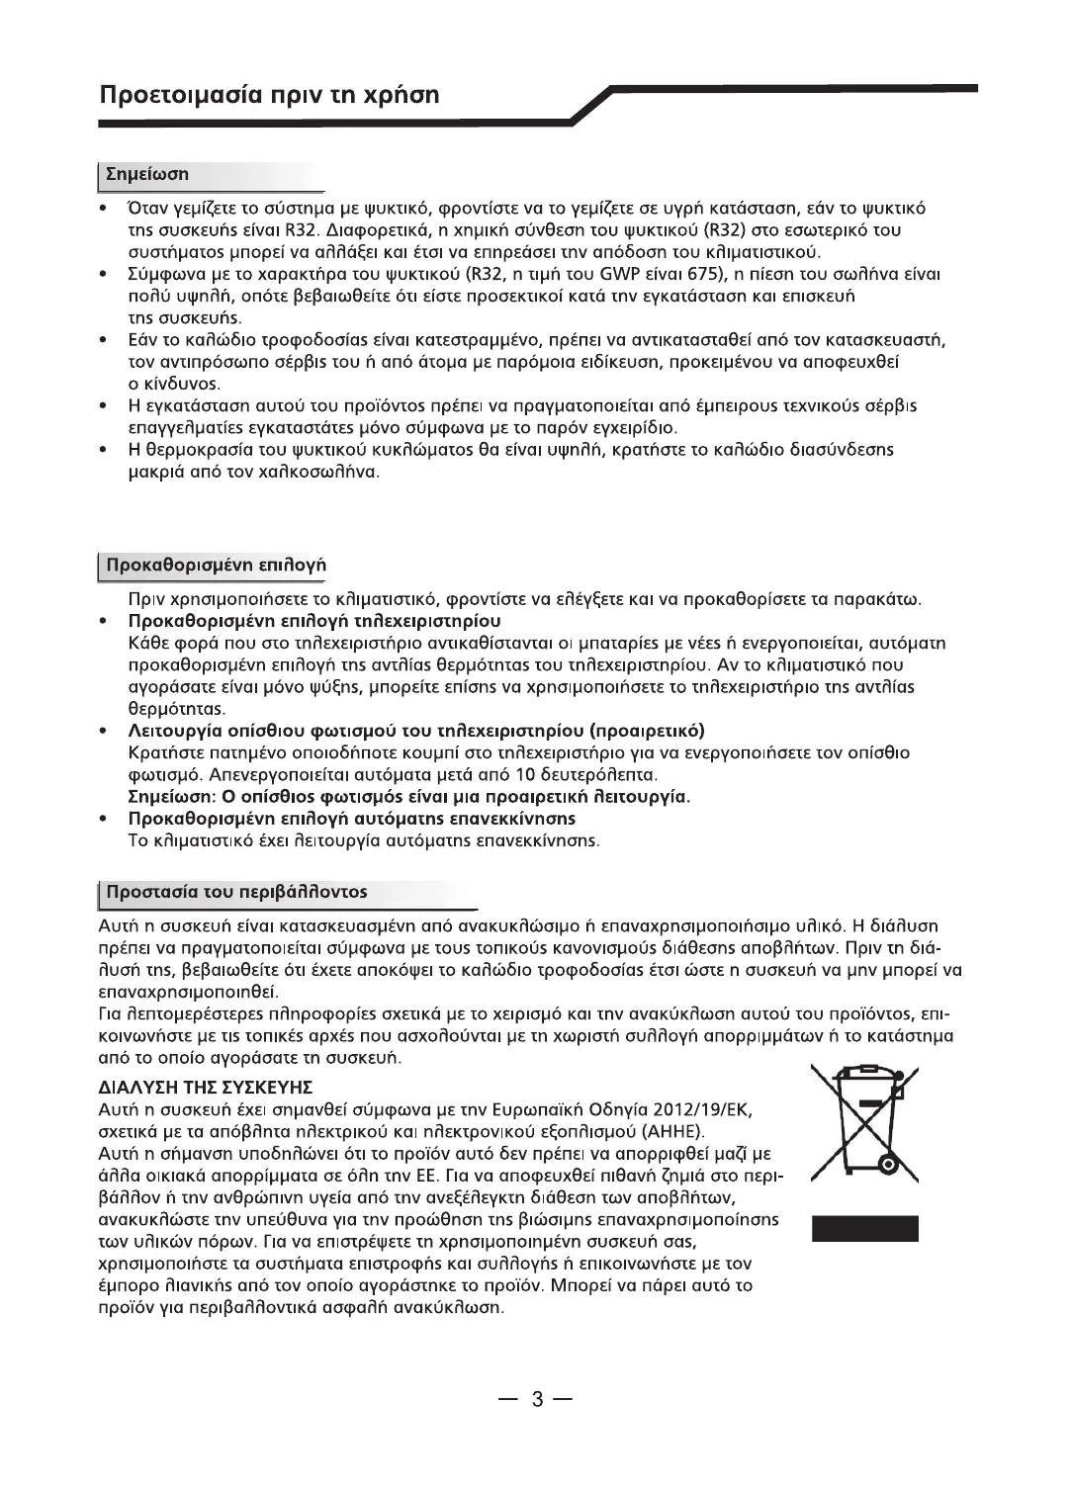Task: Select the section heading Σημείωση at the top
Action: (x=147, y=174)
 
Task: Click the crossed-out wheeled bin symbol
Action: (x=863, y=1124)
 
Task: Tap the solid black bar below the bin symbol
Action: (x=864, y=1227)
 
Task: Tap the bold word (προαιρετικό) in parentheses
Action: (x=647, y=731)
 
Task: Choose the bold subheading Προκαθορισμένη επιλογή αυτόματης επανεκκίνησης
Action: (x=351, y=819)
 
